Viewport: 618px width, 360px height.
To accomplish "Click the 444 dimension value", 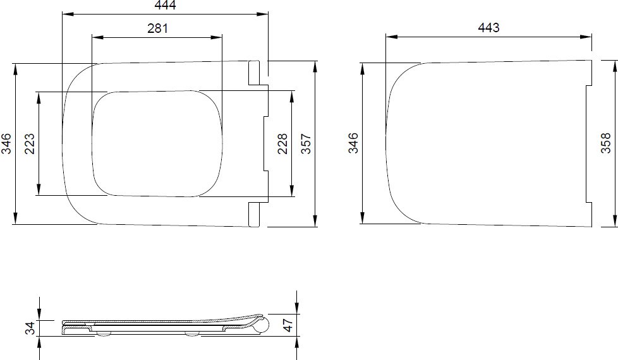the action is coord(165,4).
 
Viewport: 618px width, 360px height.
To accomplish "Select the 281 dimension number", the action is coord(157,28).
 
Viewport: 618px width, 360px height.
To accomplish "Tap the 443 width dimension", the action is coord(488,28).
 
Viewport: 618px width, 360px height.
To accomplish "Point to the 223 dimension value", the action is coord(30,144).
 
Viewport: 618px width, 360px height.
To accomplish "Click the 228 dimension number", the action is coord(282,144).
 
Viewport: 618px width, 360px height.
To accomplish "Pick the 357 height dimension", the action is coord(306,144).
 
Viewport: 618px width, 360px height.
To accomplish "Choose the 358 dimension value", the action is coord(606,143).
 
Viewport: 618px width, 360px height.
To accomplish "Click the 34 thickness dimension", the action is coord(30,328).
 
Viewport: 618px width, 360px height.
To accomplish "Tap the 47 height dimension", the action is coord(289,325).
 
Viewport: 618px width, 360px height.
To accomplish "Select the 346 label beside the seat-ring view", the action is coord(6,144).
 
